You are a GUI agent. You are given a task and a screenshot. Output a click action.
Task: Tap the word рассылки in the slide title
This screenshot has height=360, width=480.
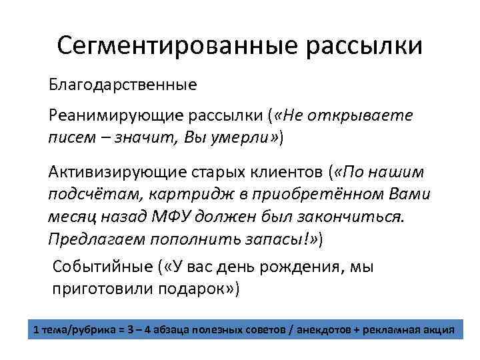364,46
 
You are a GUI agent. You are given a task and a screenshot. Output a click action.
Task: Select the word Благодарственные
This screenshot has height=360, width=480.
122,85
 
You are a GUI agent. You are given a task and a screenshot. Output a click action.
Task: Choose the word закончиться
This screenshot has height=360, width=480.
353,216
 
